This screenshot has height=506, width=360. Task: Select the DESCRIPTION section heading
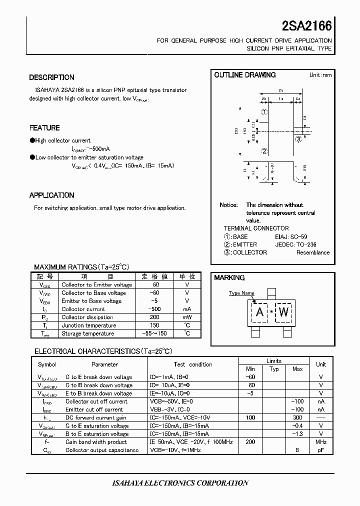click(x=51, y=77)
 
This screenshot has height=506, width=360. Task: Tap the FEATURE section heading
click(x=44, y=128)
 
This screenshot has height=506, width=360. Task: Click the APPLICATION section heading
click(x=51, y=195)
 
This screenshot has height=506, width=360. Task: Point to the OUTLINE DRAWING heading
click(x=244, y=75)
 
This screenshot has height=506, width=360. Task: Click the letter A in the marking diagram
click(x=259, y=313)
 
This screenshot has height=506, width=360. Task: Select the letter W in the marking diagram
click(x=283, y=313)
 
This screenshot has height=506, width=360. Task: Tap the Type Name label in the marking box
click(x=241, y=293)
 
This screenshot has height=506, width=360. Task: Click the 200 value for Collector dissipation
click(x=155, y=317)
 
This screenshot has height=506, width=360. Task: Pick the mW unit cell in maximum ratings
click(x=187, y=317)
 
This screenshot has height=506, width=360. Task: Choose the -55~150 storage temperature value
click(x=155, y=333)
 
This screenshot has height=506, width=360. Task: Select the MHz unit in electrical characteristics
click(x=320, y=442)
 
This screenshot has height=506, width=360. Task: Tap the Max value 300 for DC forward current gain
click(x=297, y=417)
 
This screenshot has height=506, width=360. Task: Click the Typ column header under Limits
click(x=274, y=369)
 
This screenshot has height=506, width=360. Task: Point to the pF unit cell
click(x=320, y=450)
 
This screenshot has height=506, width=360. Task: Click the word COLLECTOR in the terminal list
click(x=250, y=252)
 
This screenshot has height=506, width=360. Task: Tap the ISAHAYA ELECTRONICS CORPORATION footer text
click(x=179, y=483)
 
